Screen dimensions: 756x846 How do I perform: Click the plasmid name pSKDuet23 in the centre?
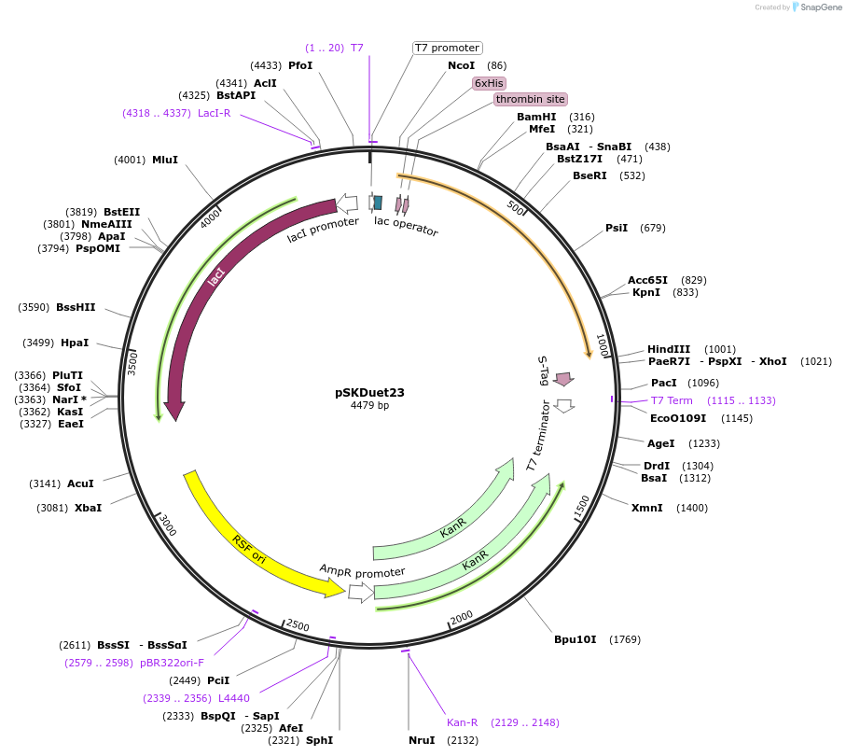pos(369,393)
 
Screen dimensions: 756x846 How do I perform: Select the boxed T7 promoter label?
pos(447,48)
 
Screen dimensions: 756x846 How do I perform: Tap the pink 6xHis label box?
pos(489,82)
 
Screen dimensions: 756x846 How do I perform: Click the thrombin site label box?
pos(530,99)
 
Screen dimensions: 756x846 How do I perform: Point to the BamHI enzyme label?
pos(536,117)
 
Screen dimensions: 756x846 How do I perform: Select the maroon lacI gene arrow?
pos(215,280)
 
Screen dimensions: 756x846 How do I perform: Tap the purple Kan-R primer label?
pos(463,722)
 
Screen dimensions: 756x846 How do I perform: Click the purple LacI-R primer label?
pos(214,113)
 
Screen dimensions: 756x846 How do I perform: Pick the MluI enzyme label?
pos(165,160)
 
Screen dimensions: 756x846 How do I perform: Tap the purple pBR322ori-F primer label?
pos(172,662)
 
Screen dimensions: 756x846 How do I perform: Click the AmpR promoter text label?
pos(363,570)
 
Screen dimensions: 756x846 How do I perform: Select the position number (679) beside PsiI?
pos(653,228)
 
